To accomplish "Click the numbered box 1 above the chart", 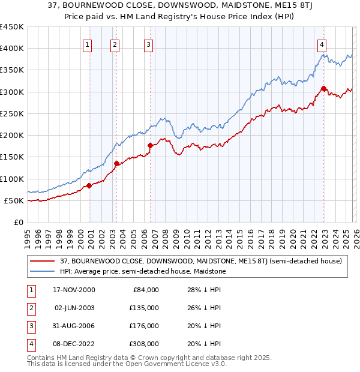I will (x=88, y=44).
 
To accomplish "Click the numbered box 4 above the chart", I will (x=322, y=44).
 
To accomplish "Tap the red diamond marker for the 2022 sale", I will (x=323, y=89).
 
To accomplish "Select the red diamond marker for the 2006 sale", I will (x=150, y=146).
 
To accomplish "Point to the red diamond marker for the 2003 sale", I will (x=116, y=164).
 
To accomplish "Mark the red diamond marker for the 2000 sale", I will (x=89, y=185).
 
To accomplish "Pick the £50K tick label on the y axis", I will (x=14, y=200).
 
